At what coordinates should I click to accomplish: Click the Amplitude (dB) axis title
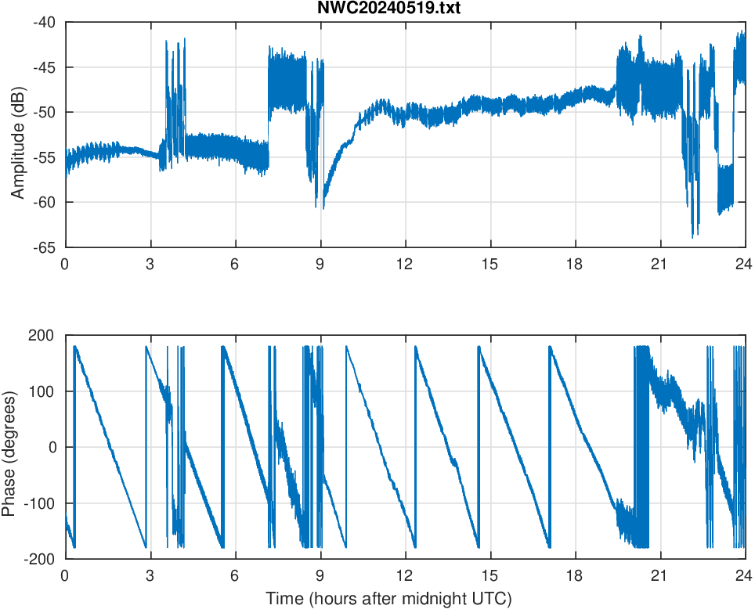[x=18, y=135]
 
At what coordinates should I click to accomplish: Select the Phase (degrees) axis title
[x=9, y=447]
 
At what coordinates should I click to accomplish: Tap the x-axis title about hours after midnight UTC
[x=388, y=600]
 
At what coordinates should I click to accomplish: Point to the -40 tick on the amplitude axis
[x=44, y=22]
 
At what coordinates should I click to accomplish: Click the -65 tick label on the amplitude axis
[x=44, y=247]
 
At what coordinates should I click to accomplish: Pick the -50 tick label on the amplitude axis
[x=44, y=112]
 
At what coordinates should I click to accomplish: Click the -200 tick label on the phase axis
[x=38, y=559]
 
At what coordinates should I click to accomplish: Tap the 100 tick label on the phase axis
[x=41, y=391]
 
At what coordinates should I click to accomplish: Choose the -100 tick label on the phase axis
[x=38, y=503]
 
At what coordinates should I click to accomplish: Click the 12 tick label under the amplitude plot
[x=405, y=264]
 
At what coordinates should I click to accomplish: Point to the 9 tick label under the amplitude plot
[x=320, y=264]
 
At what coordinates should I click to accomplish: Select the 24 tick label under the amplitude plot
[x=744, y=264]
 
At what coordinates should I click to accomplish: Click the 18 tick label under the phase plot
[x=575, y=575]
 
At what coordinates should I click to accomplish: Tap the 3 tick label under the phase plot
[x=150, y=575]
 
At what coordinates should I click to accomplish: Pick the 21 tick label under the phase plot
[x=659, y=575]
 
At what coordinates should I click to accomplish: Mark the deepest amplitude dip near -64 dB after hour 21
[x=692, y=236]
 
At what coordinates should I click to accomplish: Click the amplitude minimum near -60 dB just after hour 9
[x=323, y=208]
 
